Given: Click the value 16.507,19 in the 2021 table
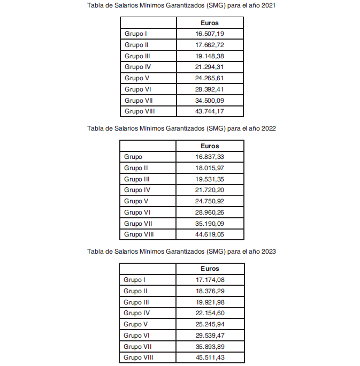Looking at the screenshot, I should (x=209, y=34).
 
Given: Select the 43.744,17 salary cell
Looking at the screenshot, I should (x=209, y=111).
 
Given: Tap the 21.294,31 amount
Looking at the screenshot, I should (x=209, y=67).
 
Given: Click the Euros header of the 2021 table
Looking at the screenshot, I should (x=209, y=23).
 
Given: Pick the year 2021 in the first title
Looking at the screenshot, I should (x=269, y=5).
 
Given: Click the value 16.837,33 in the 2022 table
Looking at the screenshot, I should (x=210, y=157).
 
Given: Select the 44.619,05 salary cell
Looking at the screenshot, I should (x=210, y=234).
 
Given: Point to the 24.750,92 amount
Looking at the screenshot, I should (x=210, y=201).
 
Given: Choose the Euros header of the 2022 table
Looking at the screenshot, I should (x=210, y=146).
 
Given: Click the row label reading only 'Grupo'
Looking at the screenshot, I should (x=133, y=157).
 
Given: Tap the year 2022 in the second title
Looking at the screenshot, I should (x=269, y=128).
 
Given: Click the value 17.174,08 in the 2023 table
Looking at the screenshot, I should (x=210, y=280).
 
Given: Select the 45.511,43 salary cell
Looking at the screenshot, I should (x=210, y=357).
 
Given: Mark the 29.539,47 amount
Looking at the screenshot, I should (x=210, y=335).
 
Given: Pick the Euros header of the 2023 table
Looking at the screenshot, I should (x=210, y=269).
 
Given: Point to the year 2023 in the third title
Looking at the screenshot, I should (x=269, y=251).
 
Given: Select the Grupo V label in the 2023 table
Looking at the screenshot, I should (x=135, y=324).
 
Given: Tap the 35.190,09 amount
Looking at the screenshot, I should (x=210, y=224).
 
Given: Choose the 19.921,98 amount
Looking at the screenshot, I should (x=210, y=302).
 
